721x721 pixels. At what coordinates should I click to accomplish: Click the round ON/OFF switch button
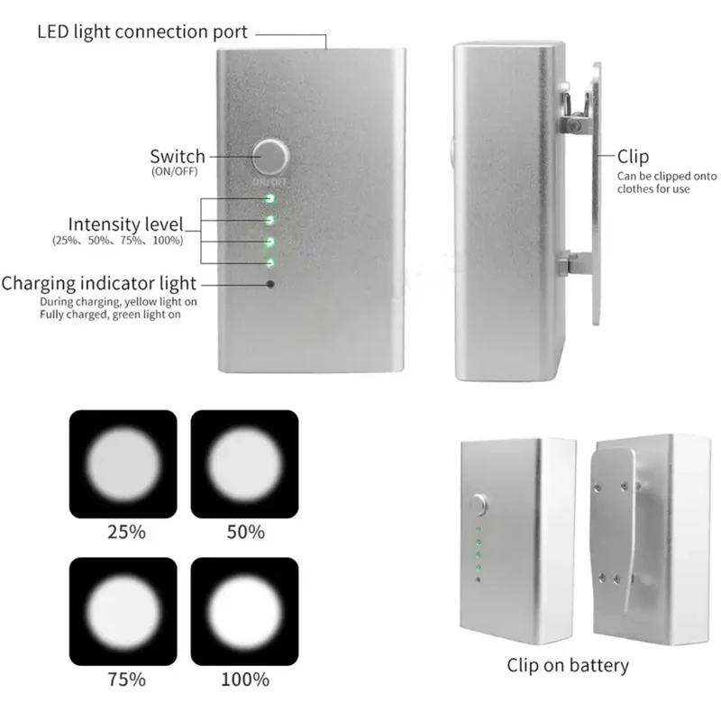[x=269, y=157]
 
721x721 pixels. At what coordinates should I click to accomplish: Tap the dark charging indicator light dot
[x=269, y=285]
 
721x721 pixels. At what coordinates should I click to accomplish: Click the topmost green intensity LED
[x=269, y=196]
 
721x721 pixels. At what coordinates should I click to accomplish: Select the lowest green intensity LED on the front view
[x=269, y=262]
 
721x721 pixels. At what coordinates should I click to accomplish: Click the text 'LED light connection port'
[x=142, y=32]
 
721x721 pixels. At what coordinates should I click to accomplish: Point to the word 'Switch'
[x=178, y=157]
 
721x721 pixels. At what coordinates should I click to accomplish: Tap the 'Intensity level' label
[x=125, y=224]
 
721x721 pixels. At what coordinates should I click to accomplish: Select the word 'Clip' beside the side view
[x=633, y=157]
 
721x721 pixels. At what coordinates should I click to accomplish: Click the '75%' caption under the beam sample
[x=124, y=679]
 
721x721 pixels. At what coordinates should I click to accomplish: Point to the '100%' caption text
[x=244, y=679]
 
